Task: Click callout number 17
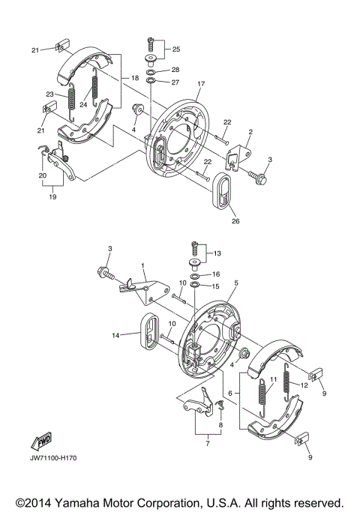pyautogui.click(x=200, y=84)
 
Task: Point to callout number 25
pyautogui.click(x=176, y=49)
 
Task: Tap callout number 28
pyautogui.click(x=175, y=70)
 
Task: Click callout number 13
pyautogui.click(x=218, y=253)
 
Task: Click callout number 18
pyautogui.click(x=135, y=78)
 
